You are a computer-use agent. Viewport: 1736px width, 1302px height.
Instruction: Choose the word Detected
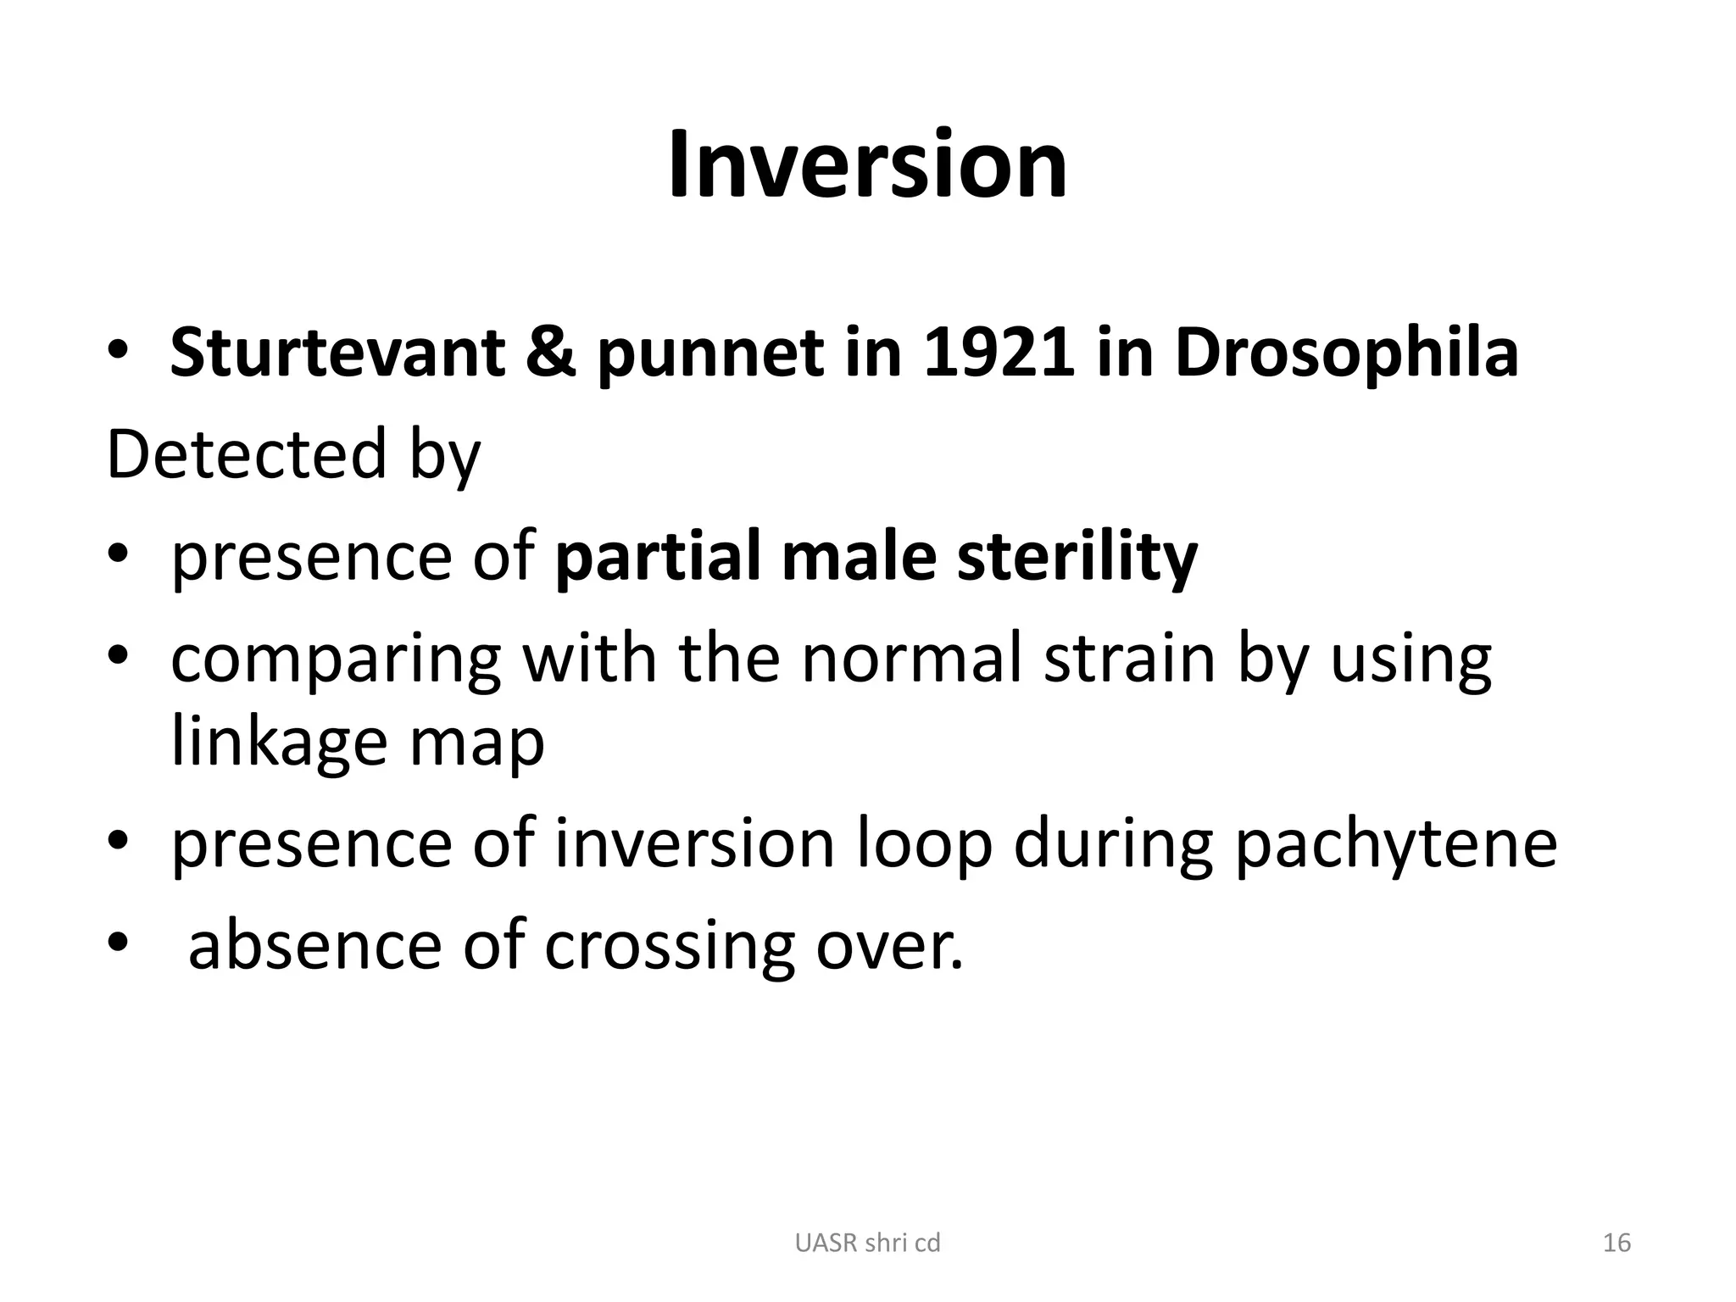(247, 454)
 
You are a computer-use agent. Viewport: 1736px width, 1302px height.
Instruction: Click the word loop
(924, 846)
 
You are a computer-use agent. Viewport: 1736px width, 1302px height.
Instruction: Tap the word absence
(314, 946)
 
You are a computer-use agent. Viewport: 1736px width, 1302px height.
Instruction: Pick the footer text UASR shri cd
(867, 1243)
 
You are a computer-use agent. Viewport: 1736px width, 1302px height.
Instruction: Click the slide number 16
(1617, 1243)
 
